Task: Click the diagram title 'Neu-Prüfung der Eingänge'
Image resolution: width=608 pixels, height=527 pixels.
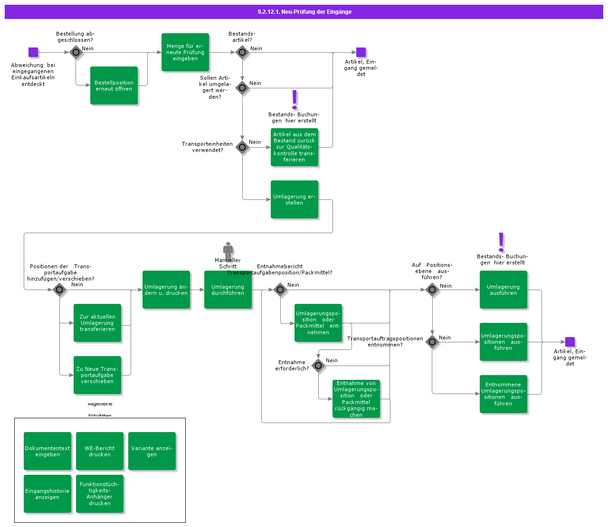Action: click(x=304, y=12)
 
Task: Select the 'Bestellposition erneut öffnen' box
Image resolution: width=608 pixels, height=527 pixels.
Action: click(x=114, y=85)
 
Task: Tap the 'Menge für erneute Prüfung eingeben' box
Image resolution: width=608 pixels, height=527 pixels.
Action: click(x=185, y=52)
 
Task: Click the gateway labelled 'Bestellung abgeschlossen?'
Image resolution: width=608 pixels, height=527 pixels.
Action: click(x=76, y=52)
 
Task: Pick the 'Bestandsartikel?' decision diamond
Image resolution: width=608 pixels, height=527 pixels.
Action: click(x=242, y=52)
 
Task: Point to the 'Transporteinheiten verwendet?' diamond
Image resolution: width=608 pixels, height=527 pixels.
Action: click(x=242, y=147)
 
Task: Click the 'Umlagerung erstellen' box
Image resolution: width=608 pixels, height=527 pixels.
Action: click(x=294, y=199)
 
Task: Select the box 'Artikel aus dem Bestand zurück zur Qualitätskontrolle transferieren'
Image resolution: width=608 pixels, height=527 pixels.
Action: click(x=294, y=147)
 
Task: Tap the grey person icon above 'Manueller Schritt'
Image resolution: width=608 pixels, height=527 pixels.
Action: click(x=228, y=250)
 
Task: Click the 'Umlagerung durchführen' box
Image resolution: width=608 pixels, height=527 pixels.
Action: click(x=228, y=290)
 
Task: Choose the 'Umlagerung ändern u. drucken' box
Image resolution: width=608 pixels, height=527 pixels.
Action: click(x=166, y=290)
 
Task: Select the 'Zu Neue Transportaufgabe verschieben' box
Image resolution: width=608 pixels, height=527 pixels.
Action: click(x=97, y=375)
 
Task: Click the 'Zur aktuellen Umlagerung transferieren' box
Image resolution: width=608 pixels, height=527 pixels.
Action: click(x=97, y=323)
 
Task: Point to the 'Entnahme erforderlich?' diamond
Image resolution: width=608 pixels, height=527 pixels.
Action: click(x=318, y=366)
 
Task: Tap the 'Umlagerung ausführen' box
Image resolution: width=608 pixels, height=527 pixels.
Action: click(x=503, y=290)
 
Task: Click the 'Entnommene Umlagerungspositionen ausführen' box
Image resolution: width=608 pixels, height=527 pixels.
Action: click(x=503, y=394)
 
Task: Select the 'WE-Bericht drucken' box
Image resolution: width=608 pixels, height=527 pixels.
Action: click(x=100, y=451)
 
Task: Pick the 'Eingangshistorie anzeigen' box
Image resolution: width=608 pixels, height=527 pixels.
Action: click(x=47, y=494)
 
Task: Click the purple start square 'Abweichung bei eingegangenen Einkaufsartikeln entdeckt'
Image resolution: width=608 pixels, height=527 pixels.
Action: click(x=33, y=52)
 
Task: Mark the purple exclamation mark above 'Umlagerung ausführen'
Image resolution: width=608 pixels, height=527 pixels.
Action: click(x=501, y=242)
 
